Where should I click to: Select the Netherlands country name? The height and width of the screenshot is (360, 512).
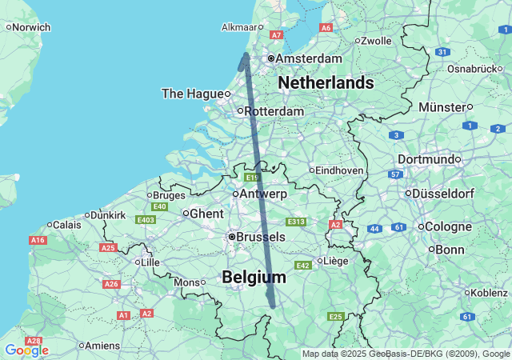tap(326, 82)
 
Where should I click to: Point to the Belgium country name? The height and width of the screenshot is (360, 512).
tap(254, 277)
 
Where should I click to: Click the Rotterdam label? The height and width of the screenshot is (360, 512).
tap(274, 111)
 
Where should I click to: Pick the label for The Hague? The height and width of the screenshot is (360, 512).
tap(191, 94)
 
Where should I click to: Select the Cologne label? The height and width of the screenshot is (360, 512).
tap(448, 226)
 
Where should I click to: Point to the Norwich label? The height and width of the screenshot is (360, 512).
tap(31, 26)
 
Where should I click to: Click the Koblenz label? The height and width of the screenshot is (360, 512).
tap(489, 293)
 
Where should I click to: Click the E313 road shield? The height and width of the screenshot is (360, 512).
tap(296, 222)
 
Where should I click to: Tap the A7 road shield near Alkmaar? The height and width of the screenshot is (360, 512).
tap(277, 35)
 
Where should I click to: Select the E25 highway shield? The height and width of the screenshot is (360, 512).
tap(335, 318)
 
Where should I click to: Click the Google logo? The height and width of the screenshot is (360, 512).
tap(26, 350)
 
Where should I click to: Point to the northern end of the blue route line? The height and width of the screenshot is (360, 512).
tap(246, 54)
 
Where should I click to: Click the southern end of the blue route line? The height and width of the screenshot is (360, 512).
tap(273, 305)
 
